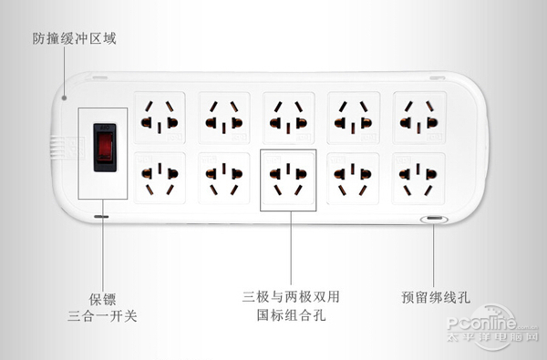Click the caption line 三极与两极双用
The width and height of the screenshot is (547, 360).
291,297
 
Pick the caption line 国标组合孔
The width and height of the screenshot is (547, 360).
291,316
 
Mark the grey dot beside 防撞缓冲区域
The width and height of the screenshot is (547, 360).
63,96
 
